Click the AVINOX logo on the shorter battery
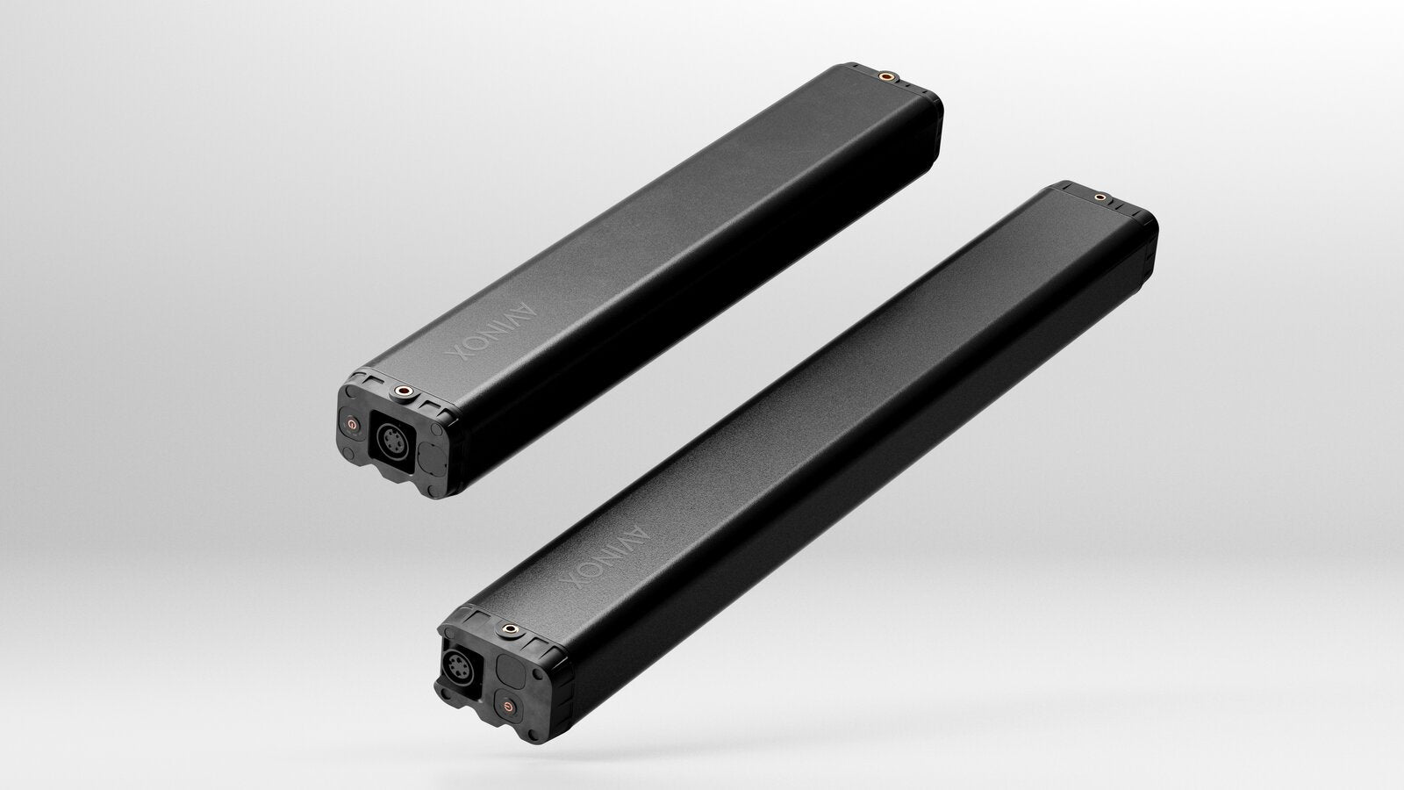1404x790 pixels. tap(492, 333)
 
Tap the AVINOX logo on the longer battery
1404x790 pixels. tap(605, 557)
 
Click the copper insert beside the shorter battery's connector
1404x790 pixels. tap(403, 391)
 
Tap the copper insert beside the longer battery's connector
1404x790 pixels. tap(510, 628)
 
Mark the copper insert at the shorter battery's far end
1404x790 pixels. tap(886, 76)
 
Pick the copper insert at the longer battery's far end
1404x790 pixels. tap(1100, 197)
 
